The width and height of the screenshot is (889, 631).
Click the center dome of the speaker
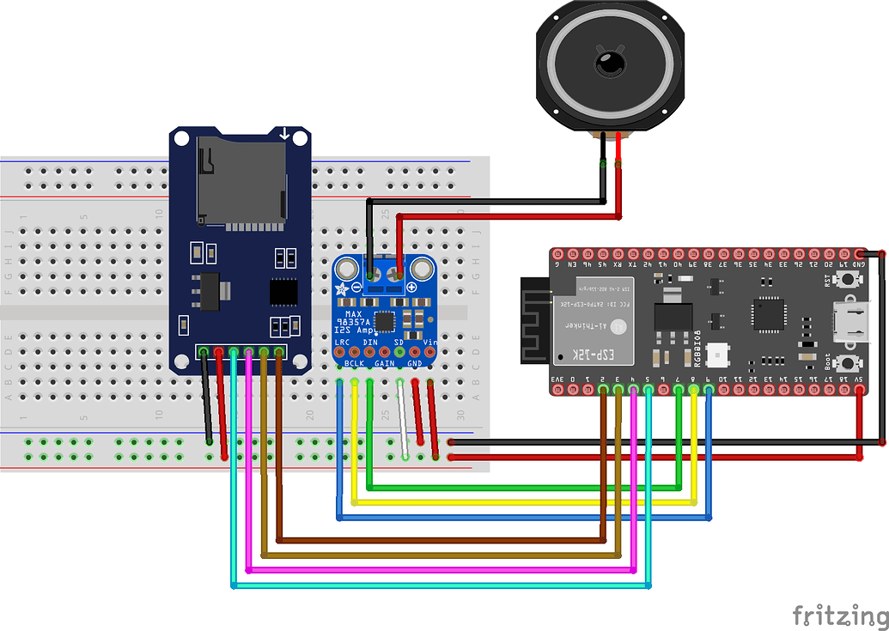coord(611,64)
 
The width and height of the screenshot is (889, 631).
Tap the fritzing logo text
coord(839,616)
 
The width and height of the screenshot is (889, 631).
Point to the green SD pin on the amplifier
coord(399,352)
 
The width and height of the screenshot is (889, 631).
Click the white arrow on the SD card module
coord(284,134)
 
